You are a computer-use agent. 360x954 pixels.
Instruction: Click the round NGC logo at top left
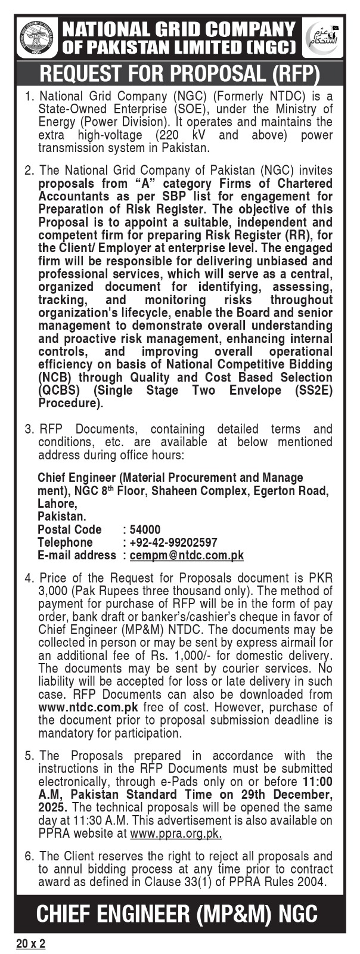37,38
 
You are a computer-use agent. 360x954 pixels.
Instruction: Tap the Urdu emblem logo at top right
324,38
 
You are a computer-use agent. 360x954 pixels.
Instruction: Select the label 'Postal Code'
70,529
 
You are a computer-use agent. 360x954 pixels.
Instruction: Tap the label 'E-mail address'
77,555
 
